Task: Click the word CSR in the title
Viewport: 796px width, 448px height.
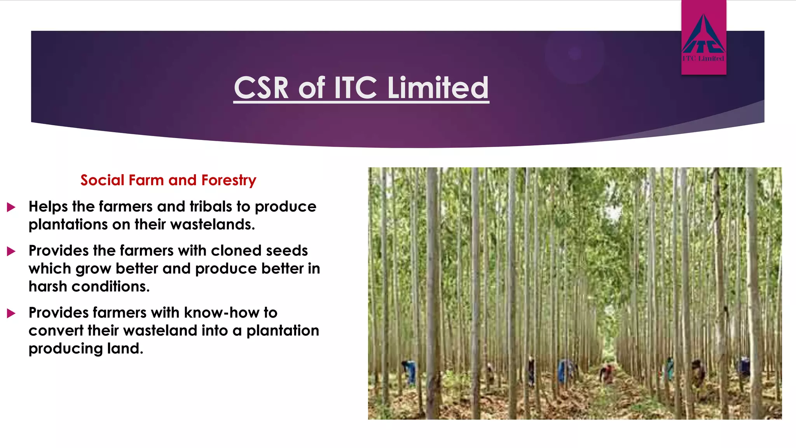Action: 261,88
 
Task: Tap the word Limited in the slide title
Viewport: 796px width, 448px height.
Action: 438,88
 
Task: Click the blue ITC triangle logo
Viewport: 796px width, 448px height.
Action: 703,35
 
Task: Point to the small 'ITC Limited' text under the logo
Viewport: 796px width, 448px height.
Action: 703,59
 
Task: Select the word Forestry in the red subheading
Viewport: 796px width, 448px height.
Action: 229,180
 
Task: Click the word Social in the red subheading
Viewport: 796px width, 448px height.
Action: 102,180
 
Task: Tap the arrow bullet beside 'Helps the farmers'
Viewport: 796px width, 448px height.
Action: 11,207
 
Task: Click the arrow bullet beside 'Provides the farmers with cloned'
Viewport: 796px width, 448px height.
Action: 11,251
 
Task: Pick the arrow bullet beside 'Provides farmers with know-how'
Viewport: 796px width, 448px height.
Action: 11,313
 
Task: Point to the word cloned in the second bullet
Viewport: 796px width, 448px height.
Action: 234,251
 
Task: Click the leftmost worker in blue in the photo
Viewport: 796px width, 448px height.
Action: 409,371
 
